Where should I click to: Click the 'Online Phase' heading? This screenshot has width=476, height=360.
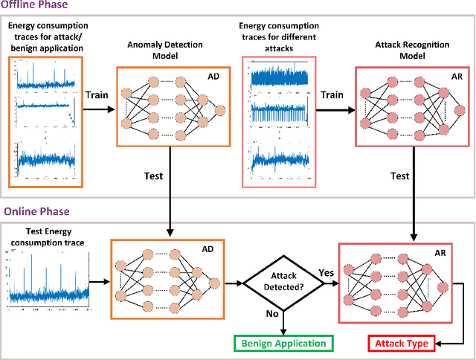(33, 213)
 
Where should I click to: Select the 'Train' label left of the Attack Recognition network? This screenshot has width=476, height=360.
(333, 96)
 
